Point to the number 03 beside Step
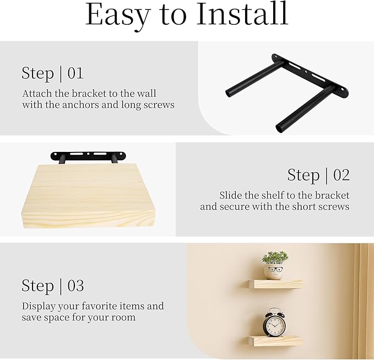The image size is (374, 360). pyautogui.click(x=75, y=286)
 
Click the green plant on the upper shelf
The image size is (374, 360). pyautogui.click(x=274, y=258)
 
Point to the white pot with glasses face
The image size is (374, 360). pyautogui.click(x=274, y=271)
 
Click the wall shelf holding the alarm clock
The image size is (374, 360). pyautogui.click(x=274, y=341)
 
